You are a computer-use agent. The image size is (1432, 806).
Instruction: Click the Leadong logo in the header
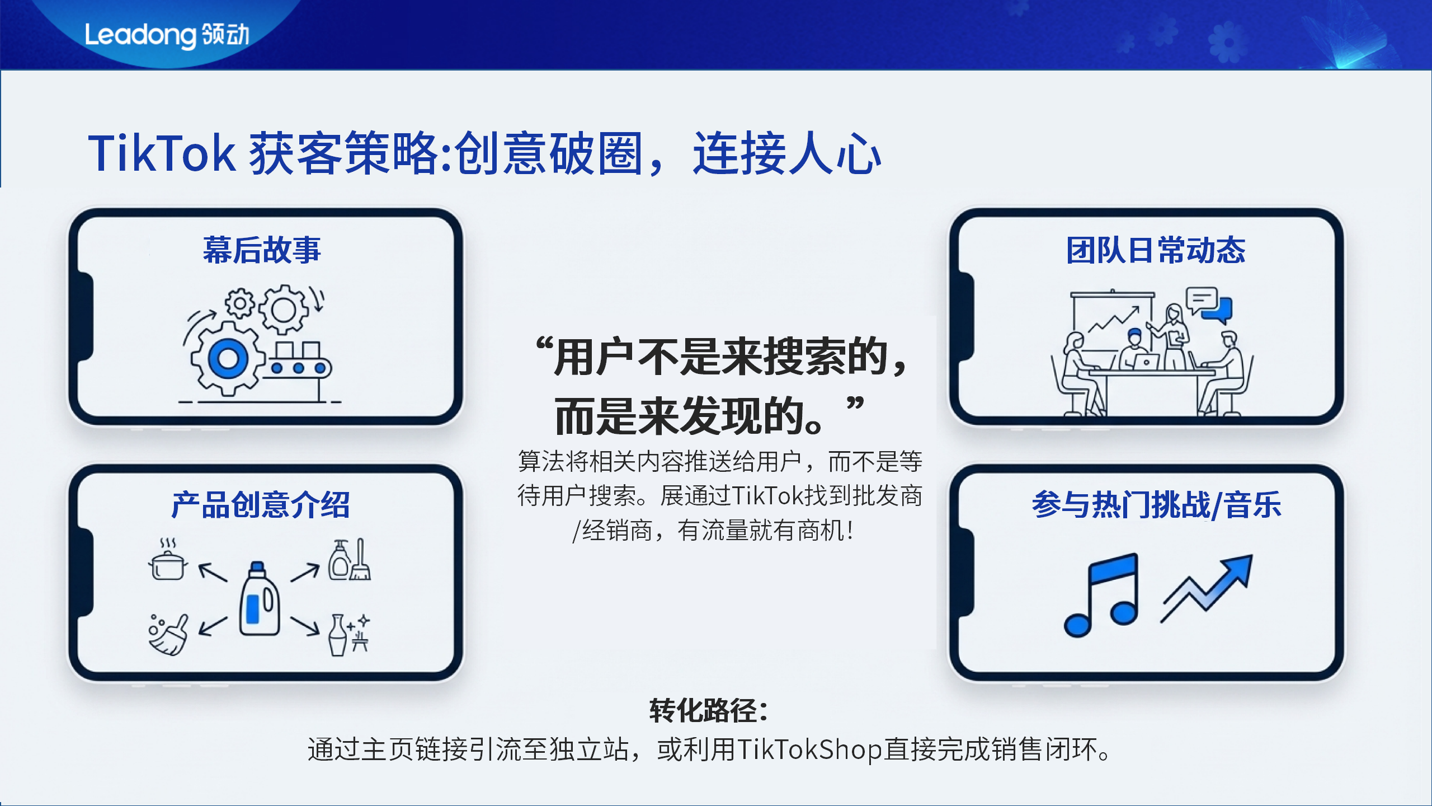(x=167, y=35)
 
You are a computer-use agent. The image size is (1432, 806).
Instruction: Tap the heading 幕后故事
(x=262, y=250)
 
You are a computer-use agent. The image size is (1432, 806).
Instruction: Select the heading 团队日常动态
(x=1156, y=250)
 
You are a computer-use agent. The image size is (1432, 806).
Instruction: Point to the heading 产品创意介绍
(x=261, y=505)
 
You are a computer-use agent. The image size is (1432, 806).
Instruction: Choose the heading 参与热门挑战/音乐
(x=1157, y=505)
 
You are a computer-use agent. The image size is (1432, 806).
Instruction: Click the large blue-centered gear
(x=228, y=359)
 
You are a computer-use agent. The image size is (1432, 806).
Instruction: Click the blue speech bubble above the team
(x=1218, y=310)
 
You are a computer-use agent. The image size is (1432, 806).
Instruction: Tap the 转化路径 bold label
(x=708, y=711)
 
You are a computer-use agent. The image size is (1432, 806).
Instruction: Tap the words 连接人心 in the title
(x=786, y=153)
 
